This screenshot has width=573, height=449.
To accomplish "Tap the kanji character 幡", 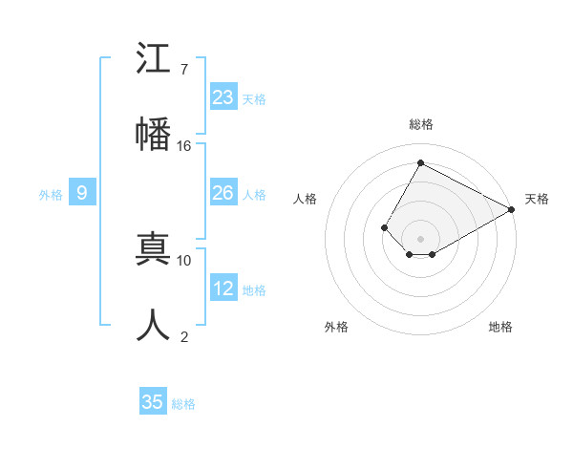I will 153,133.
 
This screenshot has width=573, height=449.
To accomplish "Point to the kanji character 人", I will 153,325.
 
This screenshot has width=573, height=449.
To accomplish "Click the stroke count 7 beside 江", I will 184,69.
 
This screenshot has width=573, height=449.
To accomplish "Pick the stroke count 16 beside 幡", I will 184,145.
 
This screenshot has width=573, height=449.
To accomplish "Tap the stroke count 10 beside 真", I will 184,260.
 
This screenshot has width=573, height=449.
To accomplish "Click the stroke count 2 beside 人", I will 184,336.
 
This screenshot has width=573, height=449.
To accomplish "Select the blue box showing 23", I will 223,97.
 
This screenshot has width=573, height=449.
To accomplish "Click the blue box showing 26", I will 223,193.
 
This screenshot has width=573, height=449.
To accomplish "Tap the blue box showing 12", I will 223,289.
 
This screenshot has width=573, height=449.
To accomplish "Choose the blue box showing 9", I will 82,193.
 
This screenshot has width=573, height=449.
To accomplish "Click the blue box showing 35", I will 153,402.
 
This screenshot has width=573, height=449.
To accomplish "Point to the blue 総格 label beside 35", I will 183,404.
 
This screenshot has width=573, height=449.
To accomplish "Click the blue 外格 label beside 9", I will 51,195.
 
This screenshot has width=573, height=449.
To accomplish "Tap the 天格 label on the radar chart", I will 537,199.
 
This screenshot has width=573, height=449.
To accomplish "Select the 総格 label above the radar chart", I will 420,124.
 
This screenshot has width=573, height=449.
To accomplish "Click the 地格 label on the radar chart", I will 500,327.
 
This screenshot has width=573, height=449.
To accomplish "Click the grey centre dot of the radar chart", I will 420,239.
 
